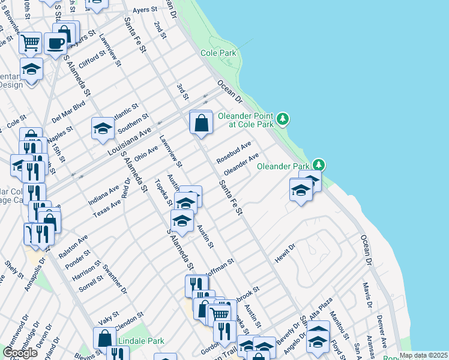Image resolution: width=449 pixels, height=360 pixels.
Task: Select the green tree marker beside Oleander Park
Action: click(x=319, y=164)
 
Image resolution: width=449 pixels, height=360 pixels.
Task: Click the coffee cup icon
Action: click(x=56, y=43)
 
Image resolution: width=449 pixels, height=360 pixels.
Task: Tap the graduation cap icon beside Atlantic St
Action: click(x=103, y=128)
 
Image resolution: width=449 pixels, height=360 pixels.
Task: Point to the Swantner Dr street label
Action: click(x=115, y=280)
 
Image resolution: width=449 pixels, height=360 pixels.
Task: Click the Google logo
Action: click(x=20, y=353)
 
